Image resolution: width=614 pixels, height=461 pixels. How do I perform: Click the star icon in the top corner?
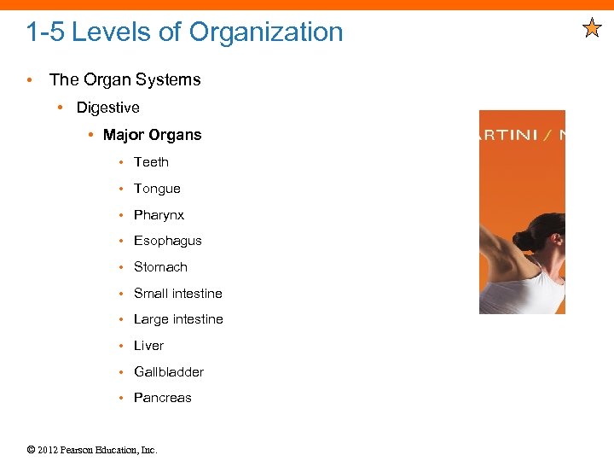(x=592, y=30)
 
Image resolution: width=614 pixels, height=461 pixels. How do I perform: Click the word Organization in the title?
(x=266, y=32)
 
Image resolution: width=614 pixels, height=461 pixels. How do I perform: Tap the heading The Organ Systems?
(x=125, y=79)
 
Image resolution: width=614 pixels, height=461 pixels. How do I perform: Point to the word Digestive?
(x=107, y=108)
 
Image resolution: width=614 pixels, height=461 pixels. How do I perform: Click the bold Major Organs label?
(x=152, y=135)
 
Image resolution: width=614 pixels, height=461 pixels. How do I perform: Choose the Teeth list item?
(x=151, y=162)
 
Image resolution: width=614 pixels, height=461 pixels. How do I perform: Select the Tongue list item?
(x=157, y=189)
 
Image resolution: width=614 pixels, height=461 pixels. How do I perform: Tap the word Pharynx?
(x=159, y=215)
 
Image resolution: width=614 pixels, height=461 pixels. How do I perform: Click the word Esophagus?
(x=167, y=241)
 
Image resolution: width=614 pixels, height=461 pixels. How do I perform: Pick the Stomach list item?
(x=160, y=267)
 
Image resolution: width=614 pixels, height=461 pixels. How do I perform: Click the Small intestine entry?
(x=177, y=294)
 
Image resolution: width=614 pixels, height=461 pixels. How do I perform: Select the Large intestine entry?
(x=178, y=319)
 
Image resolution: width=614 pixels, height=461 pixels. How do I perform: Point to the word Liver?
(x=148, y=346)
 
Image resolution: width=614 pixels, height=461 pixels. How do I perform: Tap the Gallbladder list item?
(x=168, y=372)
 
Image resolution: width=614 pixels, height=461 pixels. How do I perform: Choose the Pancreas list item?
(x=162, y=398)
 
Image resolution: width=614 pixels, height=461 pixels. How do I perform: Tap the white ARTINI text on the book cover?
(x=510, y=135)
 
